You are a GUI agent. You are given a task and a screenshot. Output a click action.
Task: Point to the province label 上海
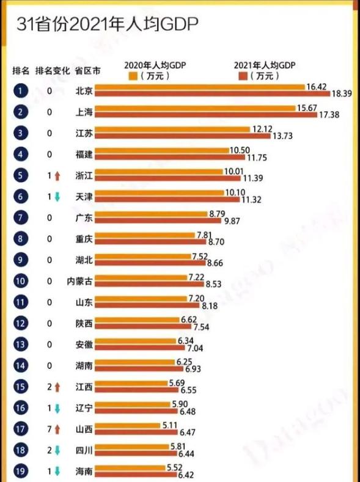[84, 112]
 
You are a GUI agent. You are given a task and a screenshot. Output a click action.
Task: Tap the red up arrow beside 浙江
[57, 175]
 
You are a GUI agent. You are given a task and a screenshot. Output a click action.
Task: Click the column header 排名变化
[53, 70]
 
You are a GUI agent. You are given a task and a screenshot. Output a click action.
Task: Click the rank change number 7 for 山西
[48, 427]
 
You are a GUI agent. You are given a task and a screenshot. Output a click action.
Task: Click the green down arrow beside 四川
[57, 448]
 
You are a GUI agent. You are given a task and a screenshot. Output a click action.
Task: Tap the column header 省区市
[87, 70]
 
